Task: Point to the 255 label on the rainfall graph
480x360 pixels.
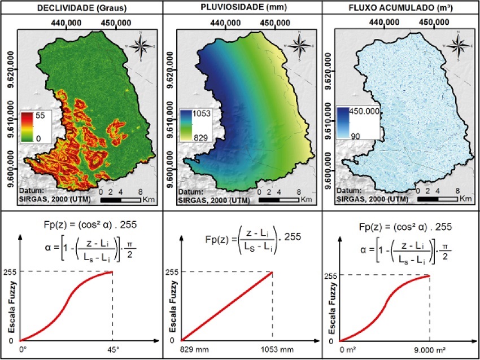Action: (171, 272)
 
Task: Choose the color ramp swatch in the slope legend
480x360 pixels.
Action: (28, 125)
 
